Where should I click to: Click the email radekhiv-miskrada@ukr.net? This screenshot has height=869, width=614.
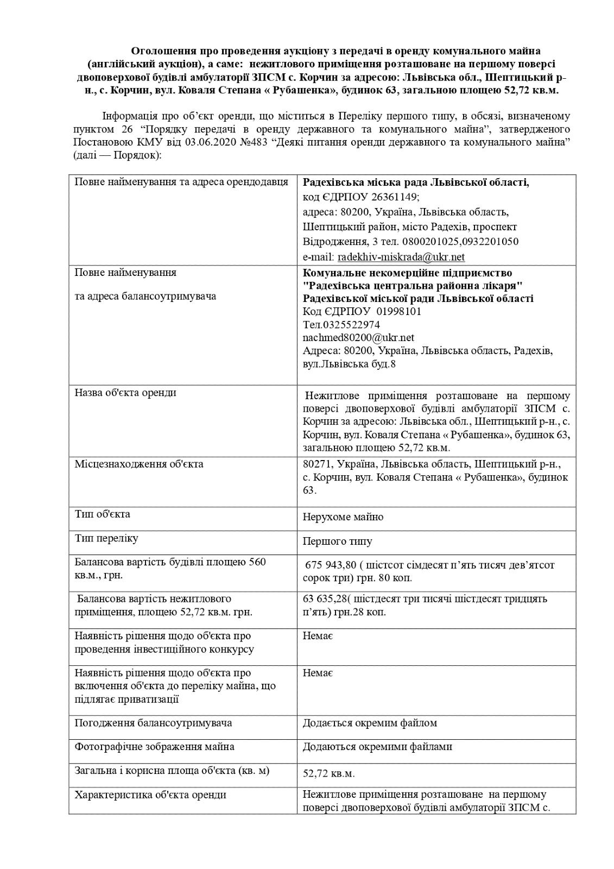[401, 257]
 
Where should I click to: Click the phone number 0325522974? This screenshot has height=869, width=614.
[351, 325]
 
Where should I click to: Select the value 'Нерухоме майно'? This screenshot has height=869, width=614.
[343, 517]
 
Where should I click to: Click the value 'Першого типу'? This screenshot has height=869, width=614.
[337, 541]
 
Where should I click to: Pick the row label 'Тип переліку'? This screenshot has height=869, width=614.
[106, 538]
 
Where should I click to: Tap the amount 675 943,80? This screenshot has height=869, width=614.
[336, 565]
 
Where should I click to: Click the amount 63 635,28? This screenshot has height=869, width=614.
[324, 599]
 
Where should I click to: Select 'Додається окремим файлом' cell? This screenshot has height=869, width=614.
[370, 723]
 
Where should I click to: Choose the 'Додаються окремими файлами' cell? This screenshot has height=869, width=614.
[377, 747]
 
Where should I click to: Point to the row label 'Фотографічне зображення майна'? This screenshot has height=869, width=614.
[155, 747]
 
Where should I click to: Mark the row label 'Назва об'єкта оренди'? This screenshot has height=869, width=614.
[125, 393]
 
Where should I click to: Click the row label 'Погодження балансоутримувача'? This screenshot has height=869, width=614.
[153, 723]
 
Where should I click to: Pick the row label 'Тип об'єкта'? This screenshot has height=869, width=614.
[102, 514]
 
